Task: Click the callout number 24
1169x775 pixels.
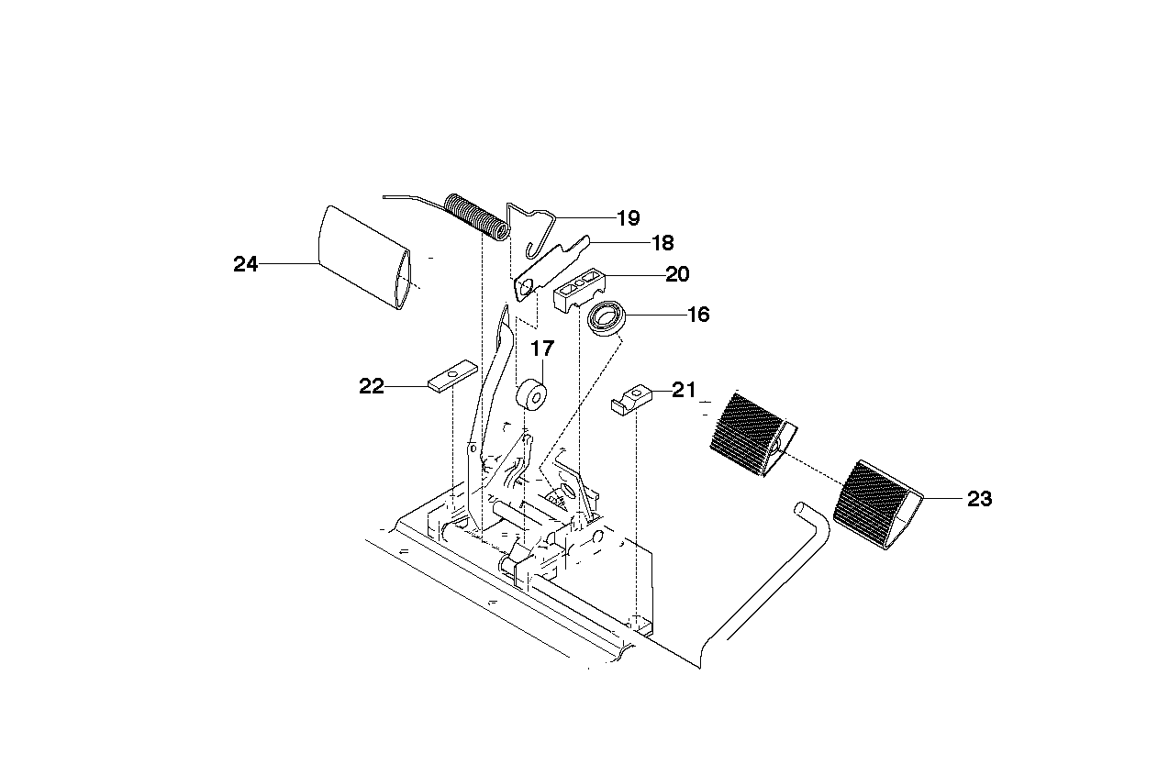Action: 245,264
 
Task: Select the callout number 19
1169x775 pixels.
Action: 629,218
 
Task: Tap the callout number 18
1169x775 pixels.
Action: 662,243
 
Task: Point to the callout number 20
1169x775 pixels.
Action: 677,274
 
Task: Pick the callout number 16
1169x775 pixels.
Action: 698,315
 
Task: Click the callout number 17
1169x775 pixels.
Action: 542,349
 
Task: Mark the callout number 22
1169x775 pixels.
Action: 372,386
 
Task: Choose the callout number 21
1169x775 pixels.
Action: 684,390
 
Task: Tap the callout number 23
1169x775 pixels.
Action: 980,499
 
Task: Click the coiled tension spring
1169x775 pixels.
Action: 476,216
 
